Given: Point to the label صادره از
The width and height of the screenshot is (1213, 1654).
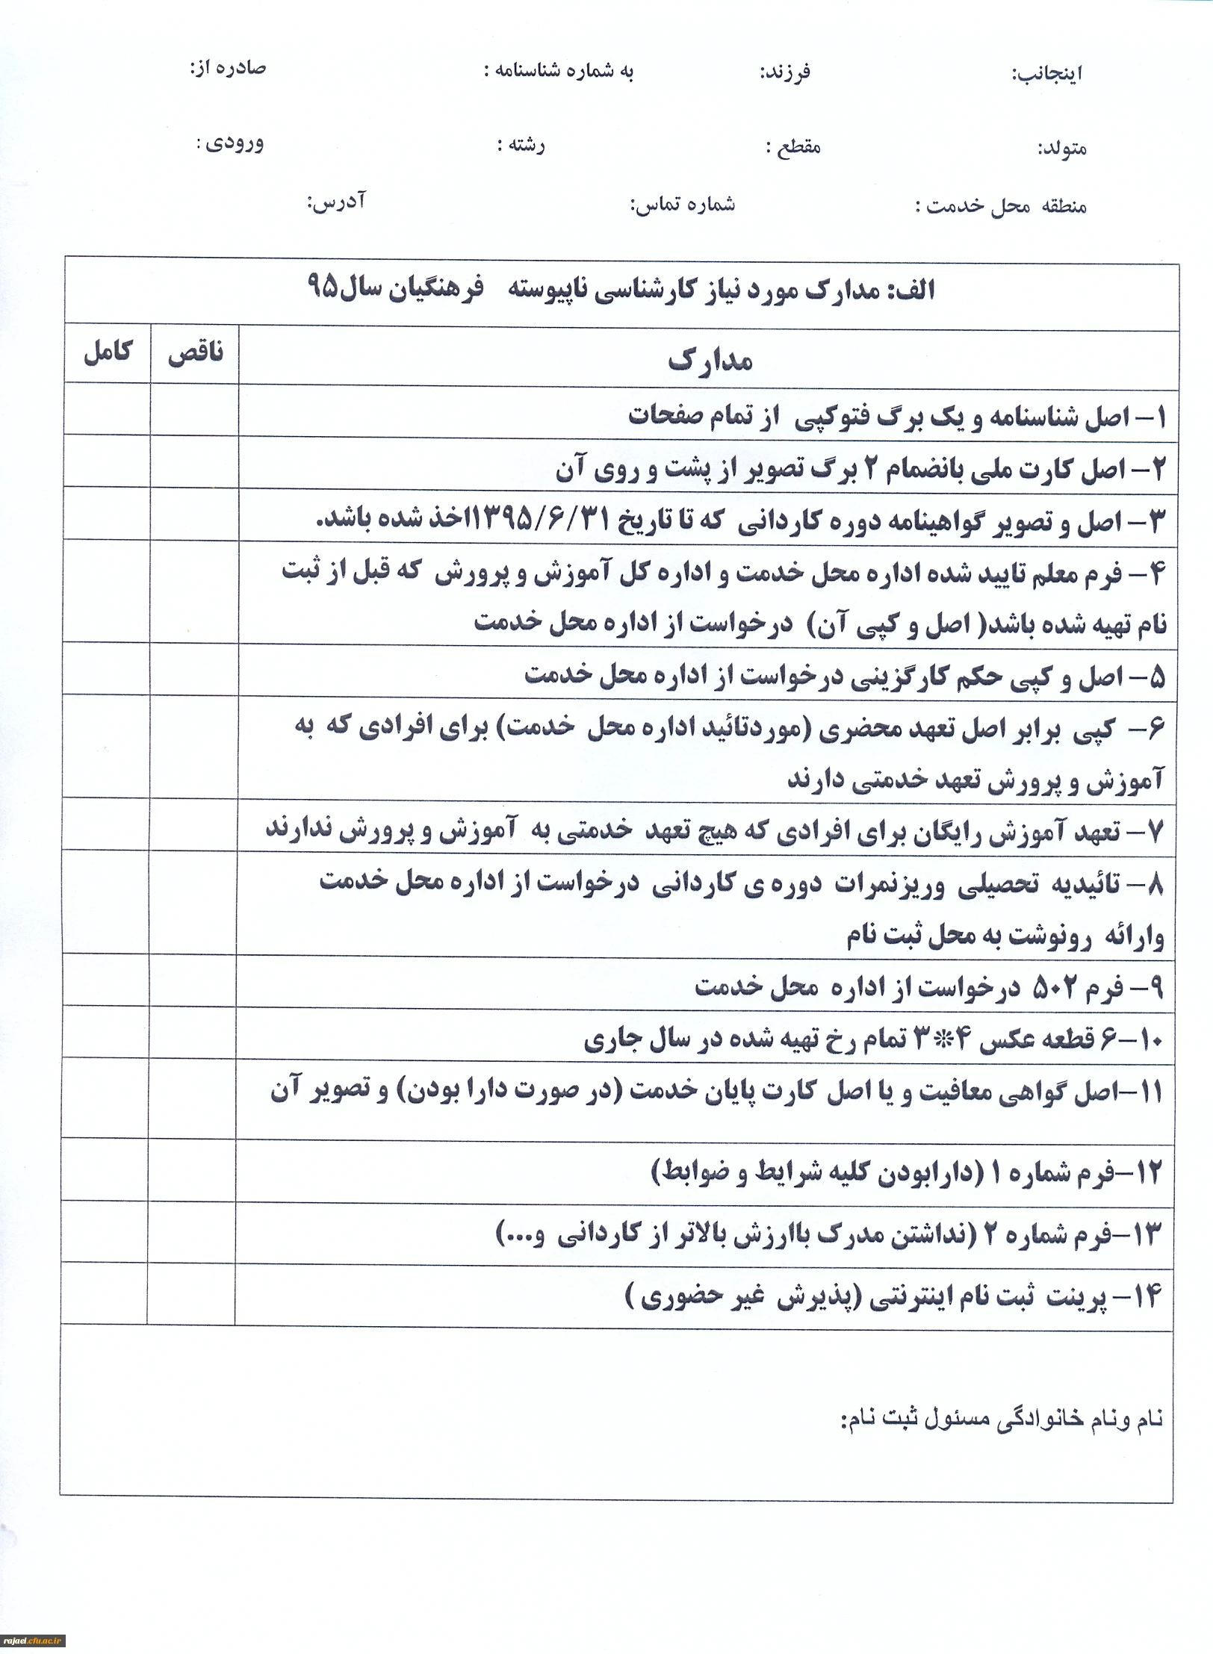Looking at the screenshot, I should (228, 69).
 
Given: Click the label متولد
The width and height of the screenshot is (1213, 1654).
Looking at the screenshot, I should (1061, 148).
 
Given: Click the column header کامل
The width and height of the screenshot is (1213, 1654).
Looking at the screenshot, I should (108, 352).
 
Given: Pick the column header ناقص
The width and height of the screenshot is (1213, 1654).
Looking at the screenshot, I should (195, 353).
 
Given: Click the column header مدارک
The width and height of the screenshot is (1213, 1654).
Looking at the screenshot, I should (709, 361).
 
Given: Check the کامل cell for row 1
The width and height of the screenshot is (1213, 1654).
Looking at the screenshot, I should (107, 410).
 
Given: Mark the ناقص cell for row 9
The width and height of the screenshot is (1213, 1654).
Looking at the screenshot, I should (193, 980).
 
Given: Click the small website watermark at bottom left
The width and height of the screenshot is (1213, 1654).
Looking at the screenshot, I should (34, 1641).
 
